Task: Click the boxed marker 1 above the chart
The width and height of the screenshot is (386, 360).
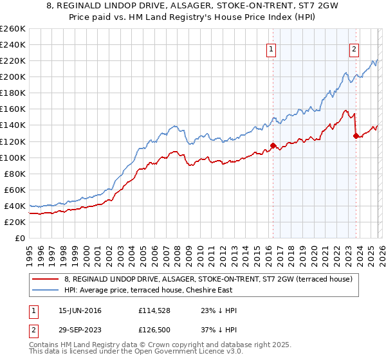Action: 271,48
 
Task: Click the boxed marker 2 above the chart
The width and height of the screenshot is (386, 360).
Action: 354,48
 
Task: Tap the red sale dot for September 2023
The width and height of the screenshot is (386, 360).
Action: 356,136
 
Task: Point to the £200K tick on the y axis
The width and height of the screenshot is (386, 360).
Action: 13,76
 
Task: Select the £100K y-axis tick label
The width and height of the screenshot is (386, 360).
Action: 13,157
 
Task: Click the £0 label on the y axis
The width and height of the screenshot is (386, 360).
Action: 19,238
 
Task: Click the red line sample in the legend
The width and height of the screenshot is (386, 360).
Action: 45,280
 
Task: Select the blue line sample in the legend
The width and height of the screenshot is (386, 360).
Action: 45,291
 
